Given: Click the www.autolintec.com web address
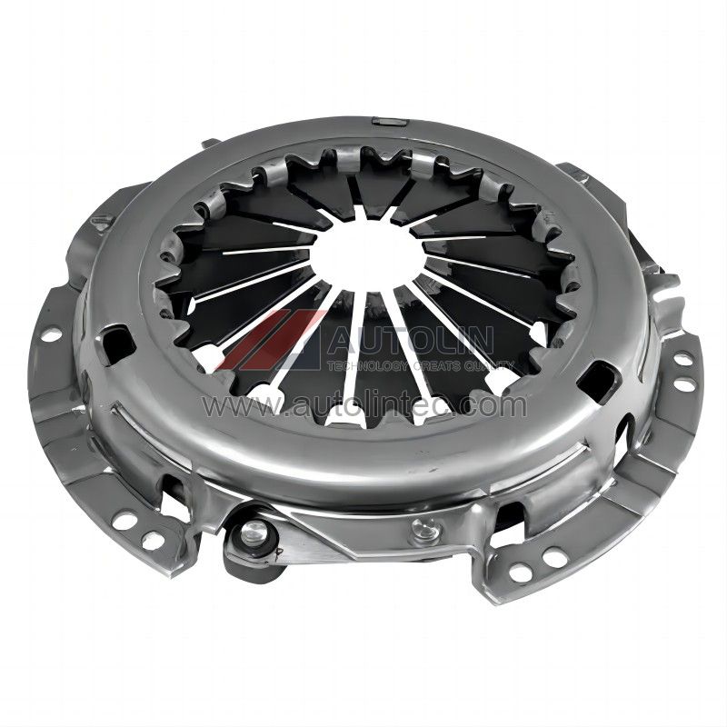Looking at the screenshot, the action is (366, 406).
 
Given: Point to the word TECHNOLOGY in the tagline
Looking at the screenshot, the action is (365, 367).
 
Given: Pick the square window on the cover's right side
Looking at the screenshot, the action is (599, 375).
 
